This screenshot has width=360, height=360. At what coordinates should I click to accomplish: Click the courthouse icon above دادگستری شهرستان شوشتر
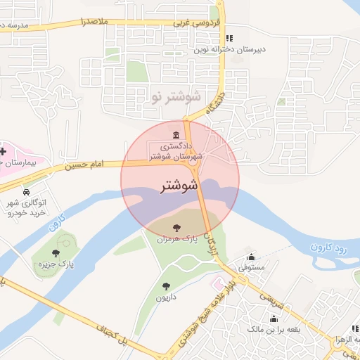click(175, 135)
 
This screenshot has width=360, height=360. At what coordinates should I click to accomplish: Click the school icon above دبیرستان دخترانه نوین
click(229, 38)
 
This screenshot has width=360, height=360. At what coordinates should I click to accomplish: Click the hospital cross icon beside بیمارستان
click(4, 151)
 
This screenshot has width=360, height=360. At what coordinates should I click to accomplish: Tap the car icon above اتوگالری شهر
click(26, 192)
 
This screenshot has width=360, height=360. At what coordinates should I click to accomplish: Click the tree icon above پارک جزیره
click(56, 253)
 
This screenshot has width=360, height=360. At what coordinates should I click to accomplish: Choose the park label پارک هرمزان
click(175, 239)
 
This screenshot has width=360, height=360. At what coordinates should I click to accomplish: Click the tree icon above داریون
click(166, 286)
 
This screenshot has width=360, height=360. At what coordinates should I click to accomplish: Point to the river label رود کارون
click(329, 247)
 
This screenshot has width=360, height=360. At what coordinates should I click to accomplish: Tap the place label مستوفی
click(252, 267)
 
